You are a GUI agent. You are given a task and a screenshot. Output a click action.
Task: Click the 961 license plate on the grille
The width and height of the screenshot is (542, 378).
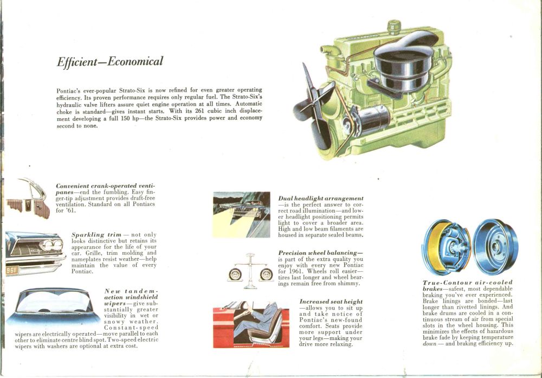(x=12, y=270)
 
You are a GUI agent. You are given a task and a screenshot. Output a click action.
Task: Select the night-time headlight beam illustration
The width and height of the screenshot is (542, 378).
(x=241, y=214)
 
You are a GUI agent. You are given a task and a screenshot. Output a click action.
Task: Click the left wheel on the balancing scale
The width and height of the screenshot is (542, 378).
(x=235, y=274)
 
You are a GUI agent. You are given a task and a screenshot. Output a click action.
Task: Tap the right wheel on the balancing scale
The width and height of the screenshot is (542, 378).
(x=266, y=274)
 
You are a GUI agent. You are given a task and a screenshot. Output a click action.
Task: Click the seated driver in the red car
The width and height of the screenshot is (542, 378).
(x=260, y=320)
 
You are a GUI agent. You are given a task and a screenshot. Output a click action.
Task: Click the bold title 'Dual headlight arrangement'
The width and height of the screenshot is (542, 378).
(x=320, y=198)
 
